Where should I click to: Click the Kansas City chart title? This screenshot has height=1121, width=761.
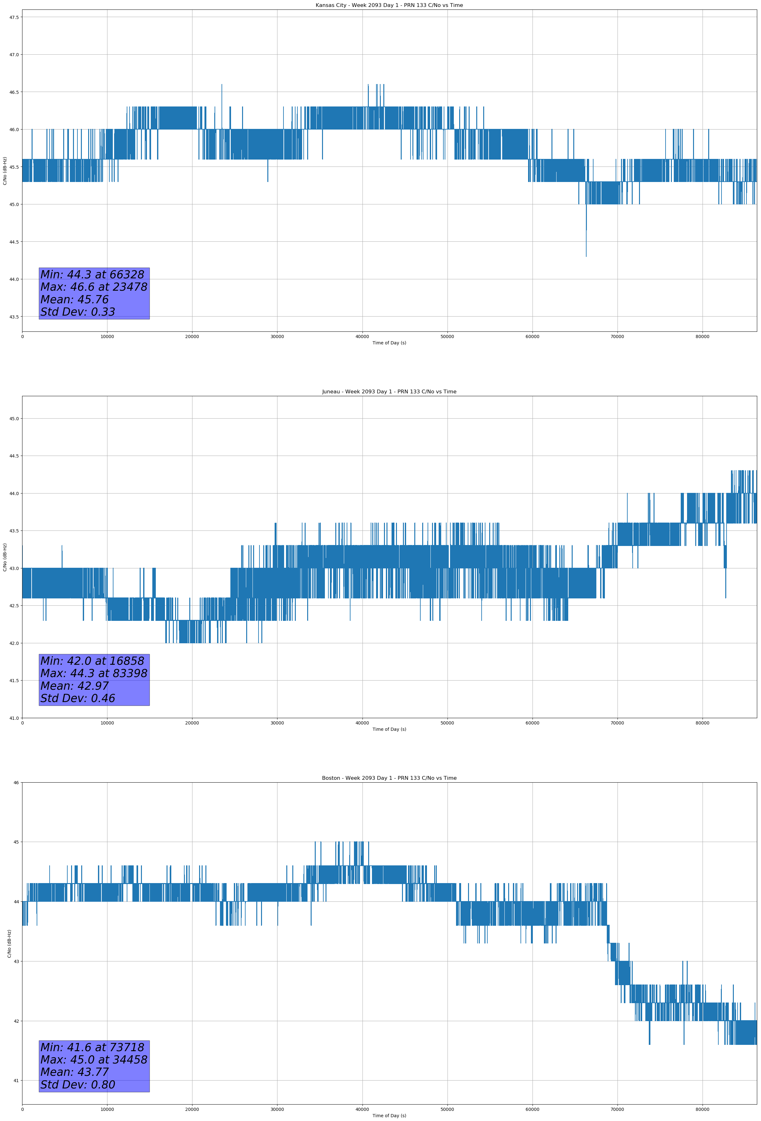click(x=389, y=5)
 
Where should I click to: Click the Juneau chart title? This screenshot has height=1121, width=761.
click(x=389, y=392)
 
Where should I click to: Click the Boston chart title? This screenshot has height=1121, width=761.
click(x=389, y=778)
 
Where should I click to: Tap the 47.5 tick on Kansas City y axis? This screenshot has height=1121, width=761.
click(x=14, y=17)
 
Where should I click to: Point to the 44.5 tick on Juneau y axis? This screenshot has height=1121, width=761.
click(x=14, y=456)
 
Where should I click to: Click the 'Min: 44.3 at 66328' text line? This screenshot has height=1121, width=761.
click(x=92, y=275)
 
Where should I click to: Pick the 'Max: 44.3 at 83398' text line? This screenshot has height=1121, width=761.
click(x=94, y=673)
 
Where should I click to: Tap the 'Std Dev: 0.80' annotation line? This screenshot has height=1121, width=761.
click(x=78, y=1085)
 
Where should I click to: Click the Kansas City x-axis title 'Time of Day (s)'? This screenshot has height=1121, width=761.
click(x=389, y=343)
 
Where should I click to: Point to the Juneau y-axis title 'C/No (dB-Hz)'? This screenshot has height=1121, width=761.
click(x=5, y=557)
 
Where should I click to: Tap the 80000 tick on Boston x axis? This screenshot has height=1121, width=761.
click(x=702, y=1109)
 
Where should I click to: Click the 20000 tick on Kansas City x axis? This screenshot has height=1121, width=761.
click(x=192, y=337)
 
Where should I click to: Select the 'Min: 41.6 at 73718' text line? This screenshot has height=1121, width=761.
click(x=92, y=1047)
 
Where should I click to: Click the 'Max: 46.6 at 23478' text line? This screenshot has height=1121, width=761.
click(x=94, y=287)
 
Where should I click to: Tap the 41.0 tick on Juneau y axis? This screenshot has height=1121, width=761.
click(x=14, y=718)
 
